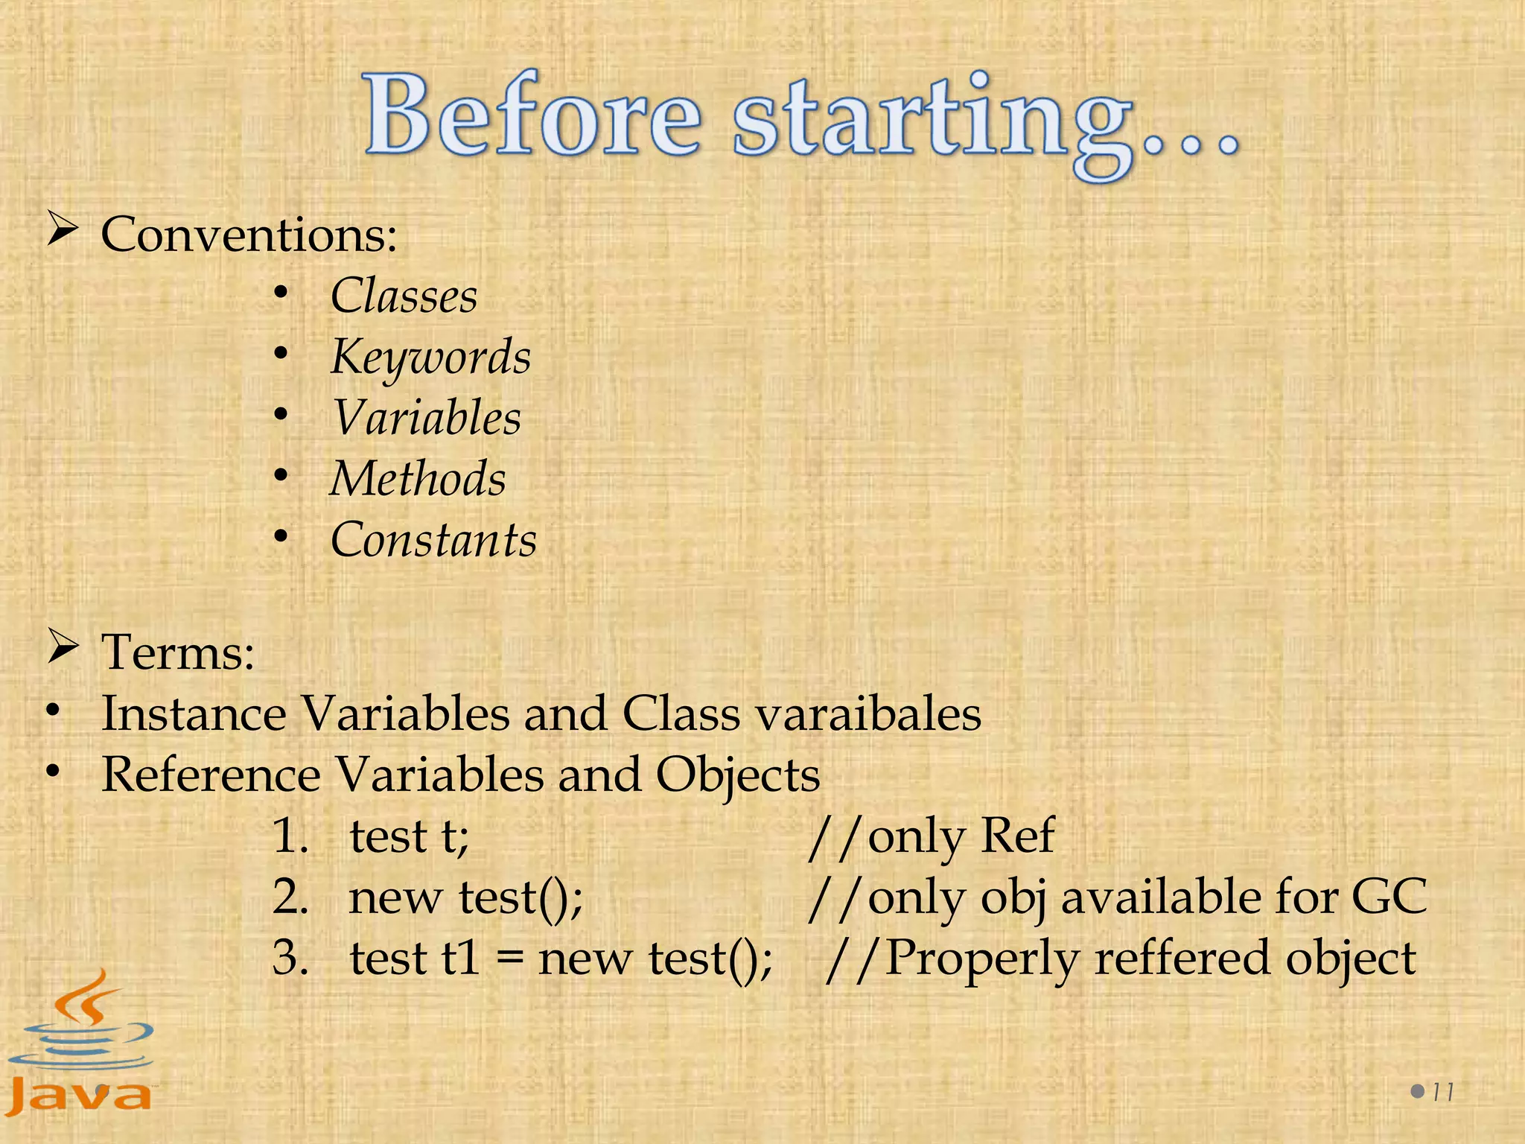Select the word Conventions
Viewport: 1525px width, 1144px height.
[249, 235]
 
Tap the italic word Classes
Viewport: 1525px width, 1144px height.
[404, 296]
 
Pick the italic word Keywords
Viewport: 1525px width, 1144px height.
[430, 357]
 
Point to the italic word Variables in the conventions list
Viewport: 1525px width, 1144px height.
[426, 418]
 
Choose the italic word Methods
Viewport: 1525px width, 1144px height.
[418, 479]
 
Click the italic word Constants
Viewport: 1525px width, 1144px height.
[433, 540]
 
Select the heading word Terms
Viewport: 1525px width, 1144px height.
[178, 652]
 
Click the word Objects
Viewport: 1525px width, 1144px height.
[737, 775]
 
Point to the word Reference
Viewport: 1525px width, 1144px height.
[211, 775]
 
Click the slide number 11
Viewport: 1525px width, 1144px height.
[1442, 1093]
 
